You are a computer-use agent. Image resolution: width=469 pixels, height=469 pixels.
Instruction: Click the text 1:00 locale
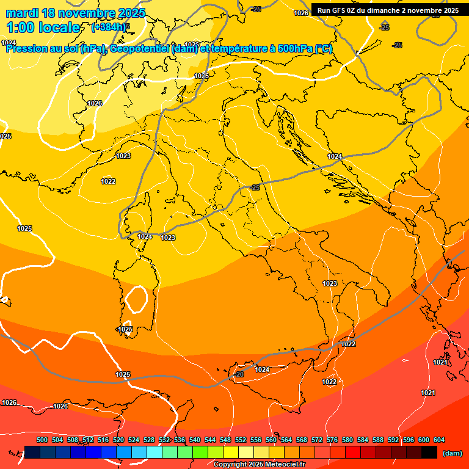(43, 27)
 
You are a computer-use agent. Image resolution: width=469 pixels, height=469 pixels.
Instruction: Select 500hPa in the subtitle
(296, 49)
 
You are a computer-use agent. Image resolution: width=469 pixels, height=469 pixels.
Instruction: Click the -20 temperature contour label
(239, 374)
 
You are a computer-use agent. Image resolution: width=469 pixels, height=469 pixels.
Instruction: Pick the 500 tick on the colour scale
(42, 440)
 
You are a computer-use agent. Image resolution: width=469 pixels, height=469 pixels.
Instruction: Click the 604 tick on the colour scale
(439, 440)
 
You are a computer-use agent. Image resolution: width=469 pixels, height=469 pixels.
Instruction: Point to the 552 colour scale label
(241, 440)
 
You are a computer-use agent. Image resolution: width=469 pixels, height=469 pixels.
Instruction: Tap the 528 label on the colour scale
(149, 440)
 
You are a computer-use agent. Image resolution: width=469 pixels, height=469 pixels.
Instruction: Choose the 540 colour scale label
(195, 440)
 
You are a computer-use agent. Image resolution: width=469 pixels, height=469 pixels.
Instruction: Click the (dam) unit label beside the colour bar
(452, 453)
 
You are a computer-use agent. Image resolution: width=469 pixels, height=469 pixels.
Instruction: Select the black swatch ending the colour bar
(429, 452)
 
